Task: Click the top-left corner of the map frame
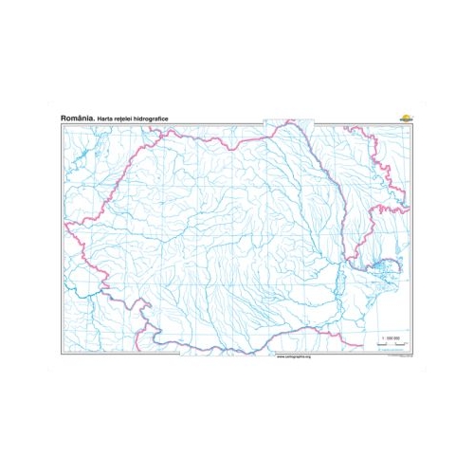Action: (62, 123)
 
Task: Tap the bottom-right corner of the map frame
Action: (412, 355)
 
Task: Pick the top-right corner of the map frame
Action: (412, 123)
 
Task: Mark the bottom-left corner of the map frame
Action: (62, 355)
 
